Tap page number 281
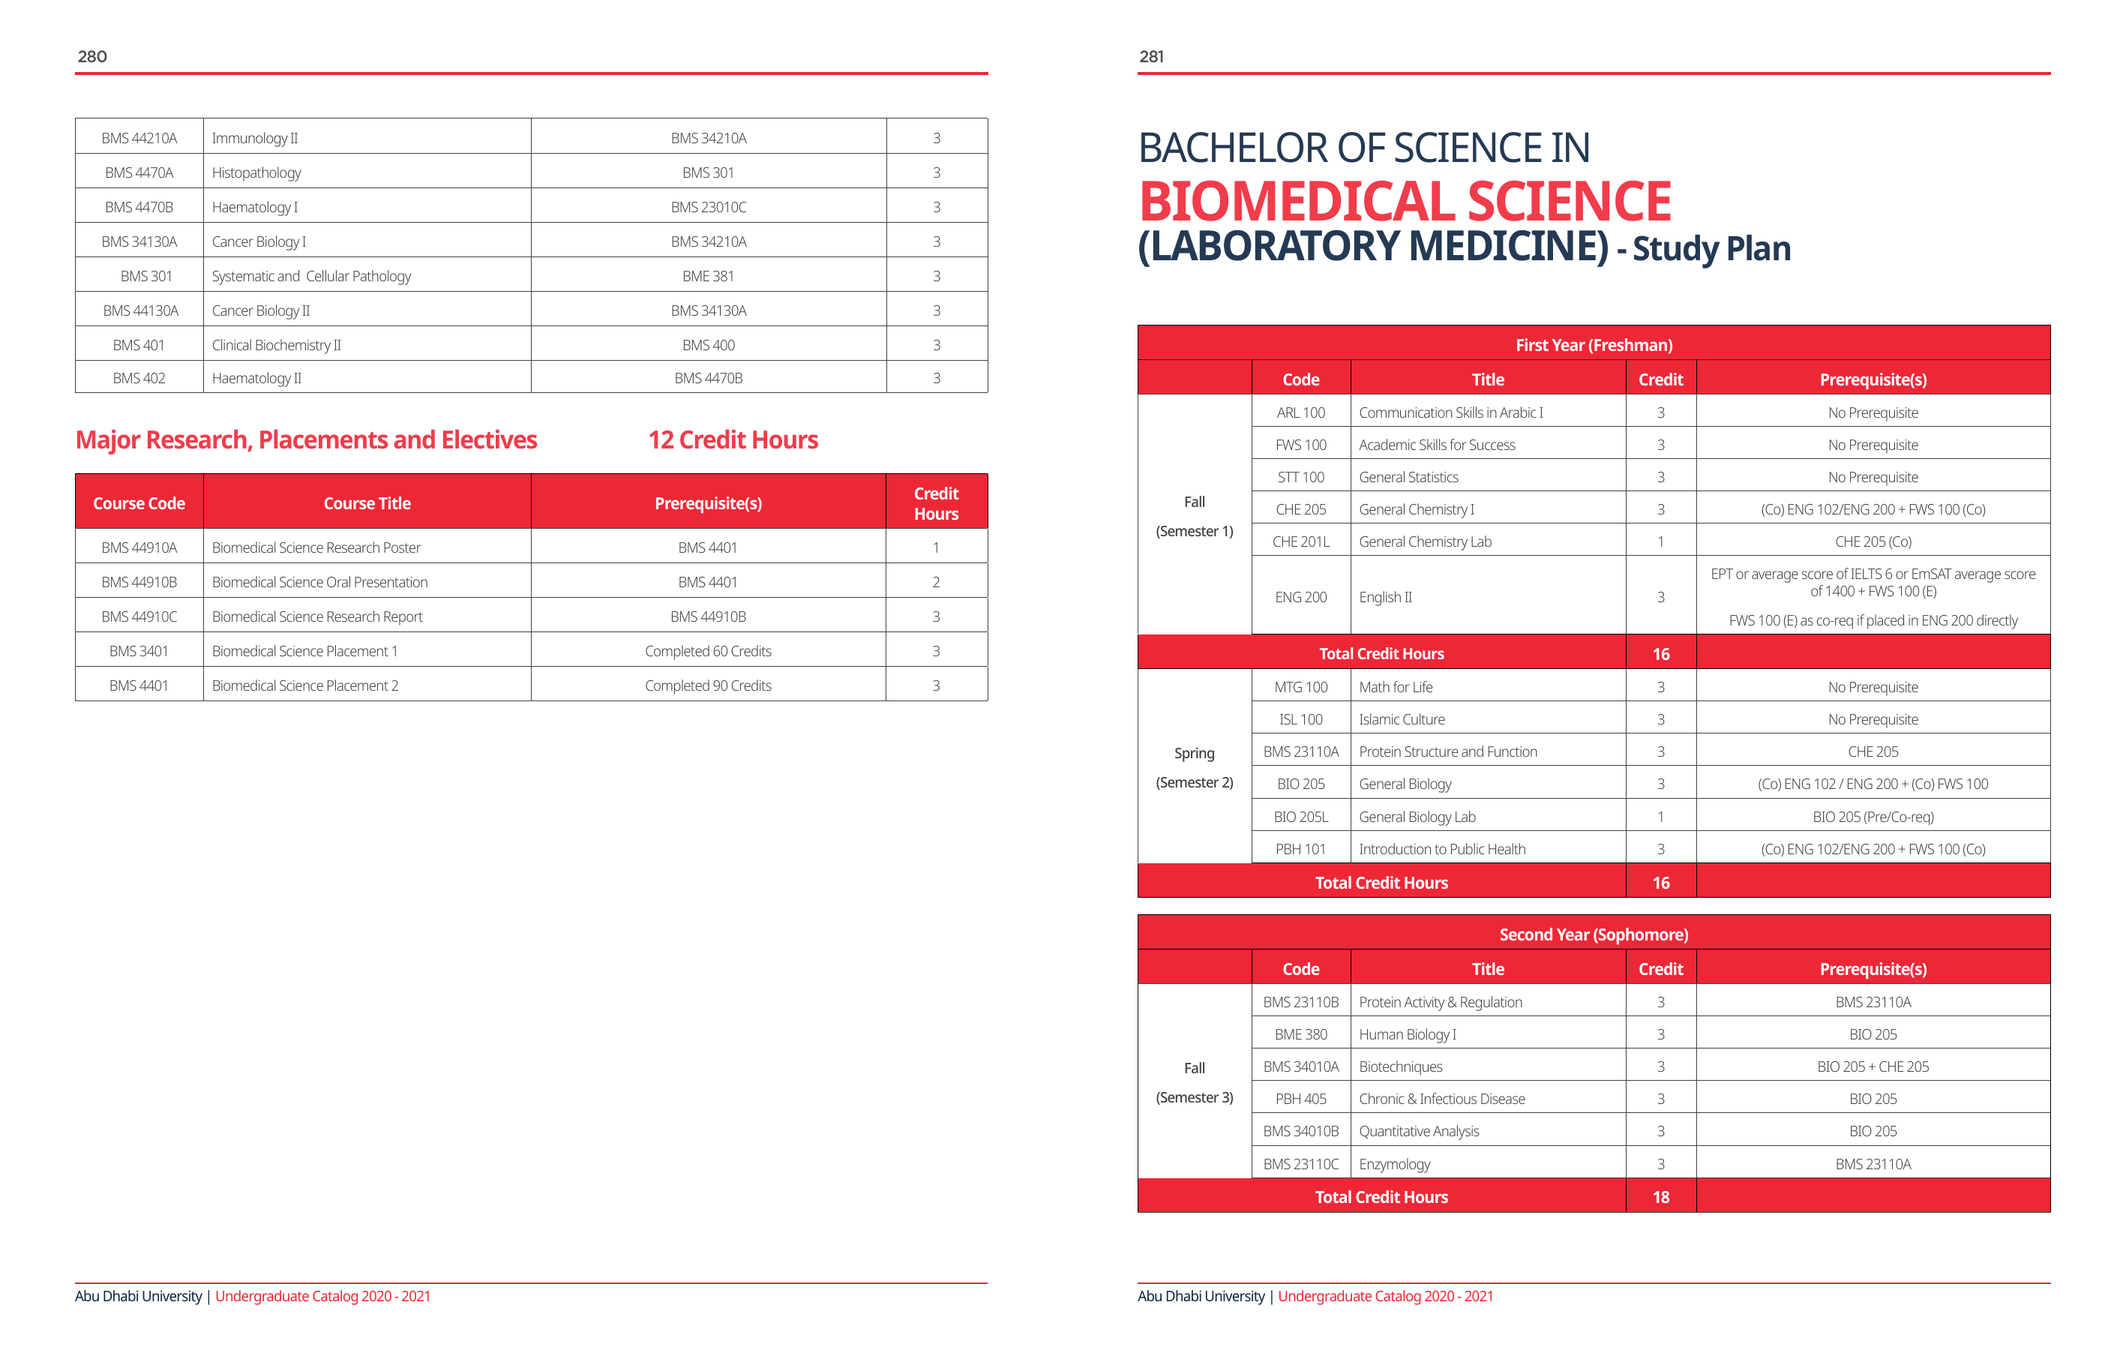pos(1151,56)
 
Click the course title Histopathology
pos(256,173)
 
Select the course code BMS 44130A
pos(140,310)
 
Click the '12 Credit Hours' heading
pos(733,439)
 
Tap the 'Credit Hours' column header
pos(936,503)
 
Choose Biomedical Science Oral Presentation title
pos(319,582)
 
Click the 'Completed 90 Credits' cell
pos(708,685)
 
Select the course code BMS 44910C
pos(139,616)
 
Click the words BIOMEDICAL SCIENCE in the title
pos(1405,201)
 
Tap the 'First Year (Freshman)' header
pos(1594,344)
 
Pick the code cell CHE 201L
pos(1300,541)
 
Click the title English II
pos(1385,597)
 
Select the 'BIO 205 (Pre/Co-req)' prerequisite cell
pos(1873,817)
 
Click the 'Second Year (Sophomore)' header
pos(1594,934)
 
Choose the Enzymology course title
pos(1395,1164)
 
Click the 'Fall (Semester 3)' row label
pos(1195,1082)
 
